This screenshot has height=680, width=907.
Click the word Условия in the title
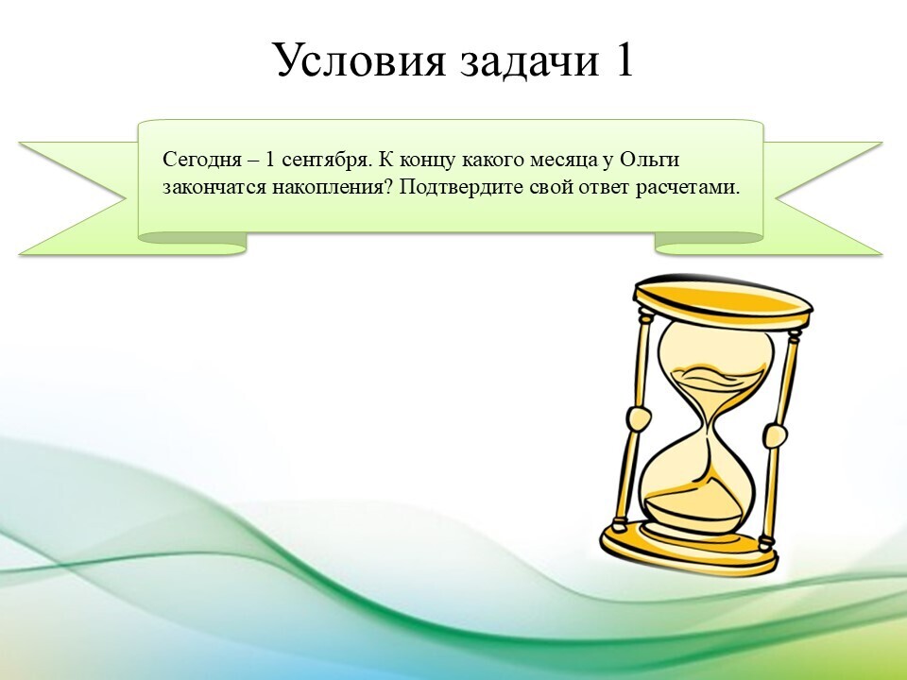click(x=360, y=59)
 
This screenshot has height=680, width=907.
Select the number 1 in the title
click(x=623, y=59)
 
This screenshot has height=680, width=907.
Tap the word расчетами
click(x=689, y=189)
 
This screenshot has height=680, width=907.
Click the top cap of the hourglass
click(x=723, y=302)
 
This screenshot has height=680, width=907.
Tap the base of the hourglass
click(x=689, y=548)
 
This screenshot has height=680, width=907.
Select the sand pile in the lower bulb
click(x=694, y=509)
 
